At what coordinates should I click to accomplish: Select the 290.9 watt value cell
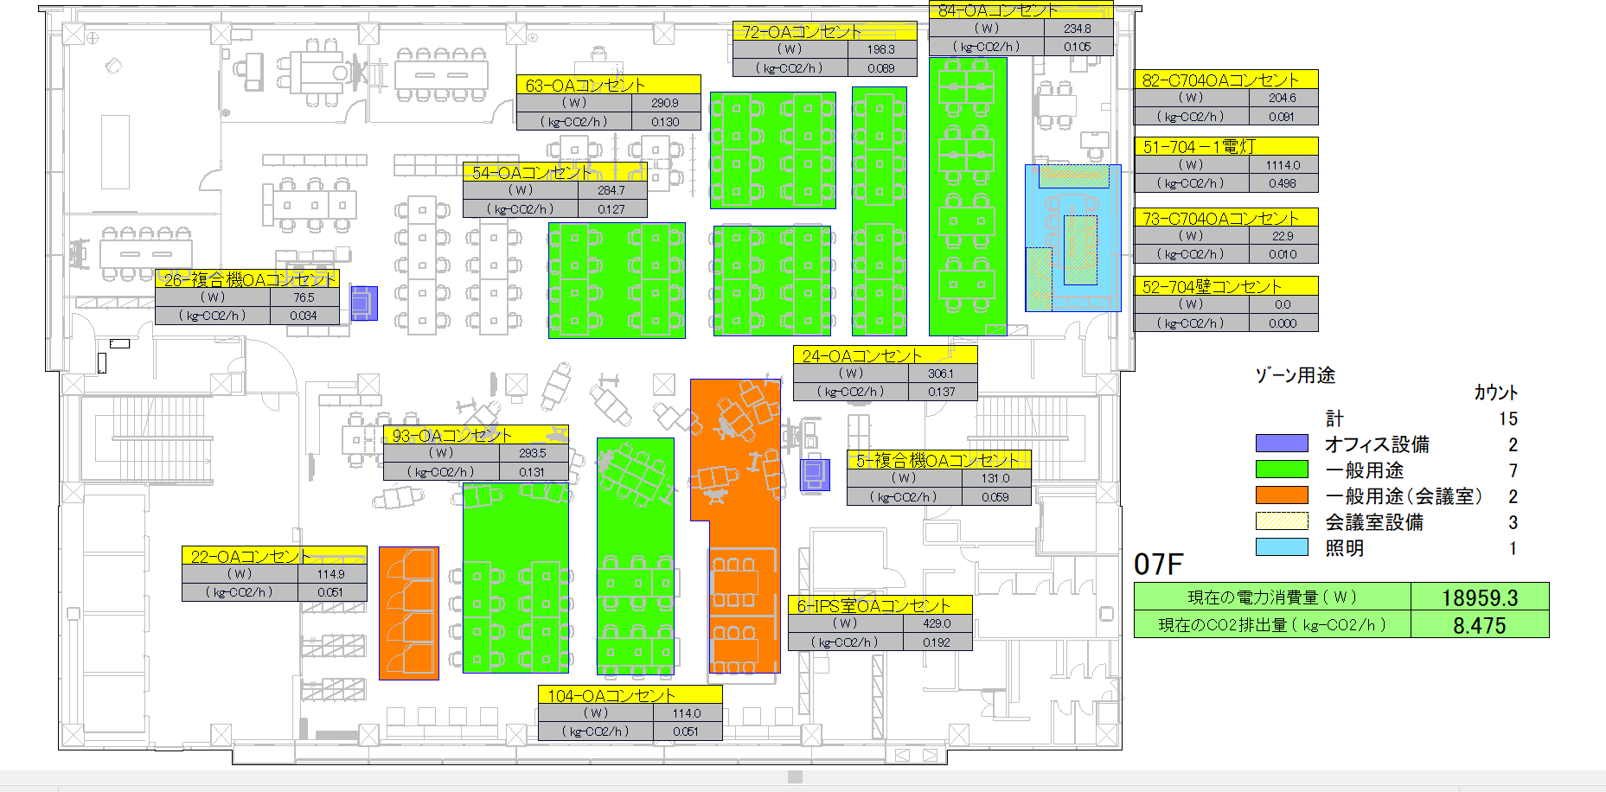tap(664, 103)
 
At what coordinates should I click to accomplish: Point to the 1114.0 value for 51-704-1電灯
tap(1283, 165)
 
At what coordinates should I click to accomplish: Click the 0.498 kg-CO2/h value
tap(1283, 183)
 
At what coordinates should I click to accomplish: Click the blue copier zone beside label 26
tap(364, 303)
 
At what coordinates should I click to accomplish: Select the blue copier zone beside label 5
tap(814, 474)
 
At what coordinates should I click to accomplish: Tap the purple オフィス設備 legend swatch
tap(1281, 444)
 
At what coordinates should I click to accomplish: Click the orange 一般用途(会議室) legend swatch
tap(1281, 495)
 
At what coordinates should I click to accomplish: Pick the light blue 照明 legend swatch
tap(1281, 547)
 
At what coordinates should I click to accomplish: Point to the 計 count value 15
tap(1507, 418)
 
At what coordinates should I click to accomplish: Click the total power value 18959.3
tap(1478, 597)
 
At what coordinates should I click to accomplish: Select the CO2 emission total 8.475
tap(1479, 625)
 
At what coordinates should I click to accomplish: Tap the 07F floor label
tap(1157, 565)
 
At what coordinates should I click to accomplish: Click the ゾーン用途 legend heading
tap(1295, 375)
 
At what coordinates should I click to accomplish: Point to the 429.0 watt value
tap(936, 623)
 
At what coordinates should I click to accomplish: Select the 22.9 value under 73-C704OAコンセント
tap(1283, 236)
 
